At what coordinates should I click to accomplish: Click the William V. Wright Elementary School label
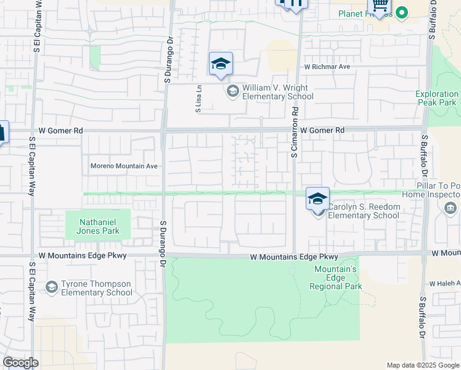(277, 92)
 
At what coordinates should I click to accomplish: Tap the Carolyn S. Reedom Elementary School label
(363, 211)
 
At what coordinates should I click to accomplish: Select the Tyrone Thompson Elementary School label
(96, 288)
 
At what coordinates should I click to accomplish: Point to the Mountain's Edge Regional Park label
(337, 277)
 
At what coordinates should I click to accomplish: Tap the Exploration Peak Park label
(436, 99)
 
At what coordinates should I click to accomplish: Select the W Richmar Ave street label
(327, 66)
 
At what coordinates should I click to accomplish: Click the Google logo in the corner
(20, 363)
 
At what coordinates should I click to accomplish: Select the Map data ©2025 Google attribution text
(423, 365)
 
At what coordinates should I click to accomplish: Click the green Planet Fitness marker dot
(402, 12)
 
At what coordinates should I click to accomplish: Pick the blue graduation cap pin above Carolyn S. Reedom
(317, 199)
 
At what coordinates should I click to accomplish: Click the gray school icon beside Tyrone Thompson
(52, 287)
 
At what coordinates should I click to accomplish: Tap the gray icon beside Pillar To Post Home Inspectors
(451, 208)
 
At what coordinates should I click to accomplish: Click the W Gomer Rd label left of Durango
(60, 131)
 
